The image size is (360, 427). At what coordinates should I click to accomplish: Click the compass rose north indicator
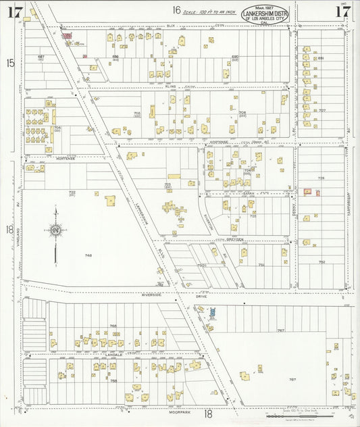point(56,230)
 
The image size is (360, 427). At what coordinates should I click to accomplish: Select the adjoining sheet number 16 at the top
point(176,10)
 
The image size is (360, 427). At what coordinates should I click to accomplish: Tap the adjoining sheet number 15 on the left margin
point(10,63)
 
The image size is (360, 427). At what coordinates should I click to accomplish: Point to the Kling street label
point(171,86)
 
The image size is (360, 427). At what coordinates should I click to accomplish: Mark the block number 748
point(88,255)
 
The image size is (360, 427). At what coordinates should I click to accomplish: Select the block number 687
point(41,56)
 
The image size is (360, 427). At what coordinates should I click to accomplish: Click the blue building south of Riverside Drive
point(213,312)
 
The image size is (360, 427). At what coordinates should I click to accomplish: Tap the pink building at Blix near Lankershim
point(67,36)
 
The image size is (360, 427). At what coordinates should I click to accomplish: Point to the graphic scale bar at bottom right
point(297,414)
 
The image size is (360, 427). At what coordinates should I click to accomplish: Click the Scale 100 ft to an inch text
point(210,11)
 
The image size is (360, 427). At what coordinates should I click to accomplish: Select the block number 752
point(322,261)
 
